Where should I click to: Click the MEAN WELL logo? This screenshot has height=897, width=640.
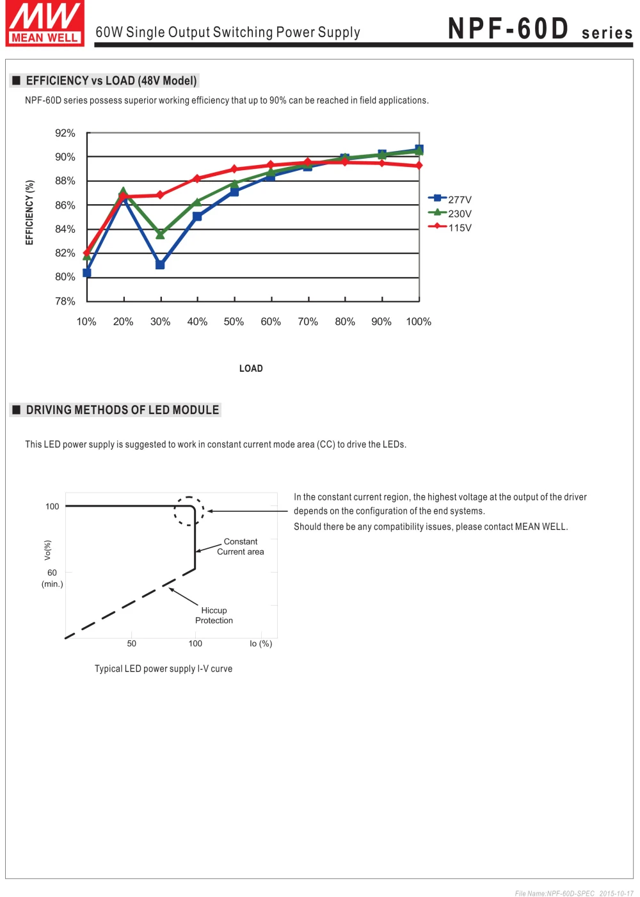[45, 23]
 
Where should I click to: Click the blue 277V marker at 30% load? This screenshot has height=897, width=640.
[160, 265]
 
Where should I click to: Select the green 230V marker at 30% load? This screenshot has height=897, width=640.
[160, 234]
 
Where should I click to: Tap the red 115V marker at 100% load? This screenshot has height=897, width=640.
[419, 165]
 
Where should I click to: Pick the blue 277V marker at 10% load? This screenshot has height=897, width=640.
[86, 273]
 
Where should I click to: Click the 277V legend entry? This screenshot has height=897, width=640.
[450, 199]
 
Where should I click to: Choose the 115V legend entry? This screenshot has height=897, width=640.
[450, 228]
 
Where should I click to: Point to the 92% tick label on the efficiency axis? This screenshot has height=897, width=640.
[65, 133]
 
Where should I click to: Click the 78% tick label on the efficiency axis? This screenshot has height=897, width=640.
[65, 301]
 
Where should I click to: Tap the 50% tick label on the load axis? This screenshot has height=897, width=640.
[234, 322]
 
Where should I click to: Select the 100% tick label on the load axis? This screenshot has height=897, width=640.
[419, 322]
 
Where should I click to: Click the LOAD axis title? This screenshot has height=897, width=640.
[251, 369]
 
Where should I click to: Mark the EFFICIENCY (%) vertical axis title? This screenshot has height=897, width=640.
[29, 212]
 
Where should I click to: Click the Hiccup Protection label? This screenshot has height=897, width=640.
[214, 615]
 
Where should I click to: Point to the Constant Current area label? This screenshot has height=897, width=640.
[240, 546]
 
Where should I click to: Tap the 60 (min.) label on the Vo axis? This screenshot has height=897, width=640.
[52, 578]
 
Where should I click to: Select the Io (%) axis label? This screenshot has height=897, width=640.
[260, 644]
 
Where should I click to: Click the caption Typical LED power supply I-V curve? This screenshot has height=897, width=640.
[163, 669]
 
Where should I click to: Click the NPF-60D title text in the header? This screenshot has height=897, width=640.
[508, 29]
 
